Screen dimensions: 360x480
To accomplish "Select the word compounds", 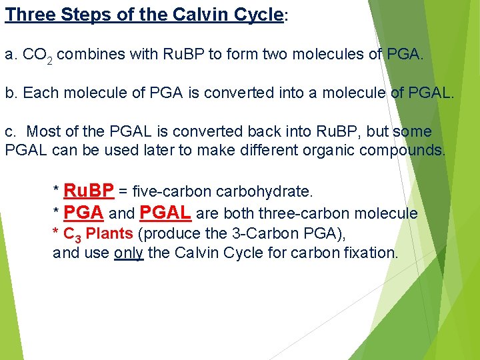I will (x=402, y=150).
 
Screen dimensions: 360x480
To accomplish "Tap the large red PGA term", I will (x=83, y=213).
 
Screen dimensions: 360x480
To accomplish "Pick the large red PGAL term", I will (x=166, y=213).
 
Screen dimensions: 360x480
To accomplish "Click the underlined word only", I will (x=129, y=253).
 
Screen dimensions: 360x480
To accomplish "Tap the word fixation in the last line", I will (x=371, y=253).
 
